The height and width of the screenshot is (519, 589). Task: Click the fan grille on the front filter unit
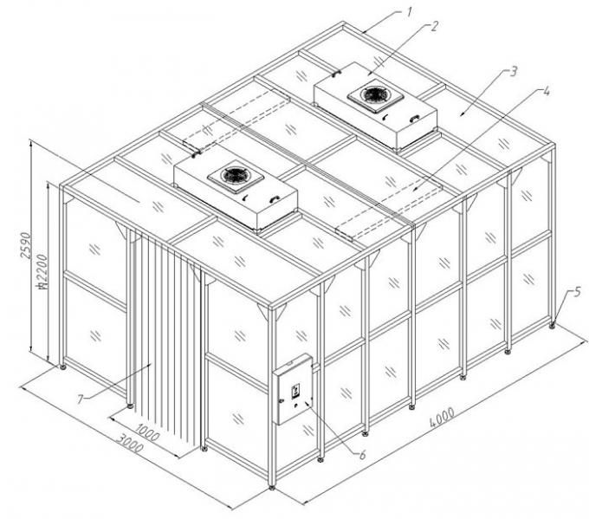tap(236, 176)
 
